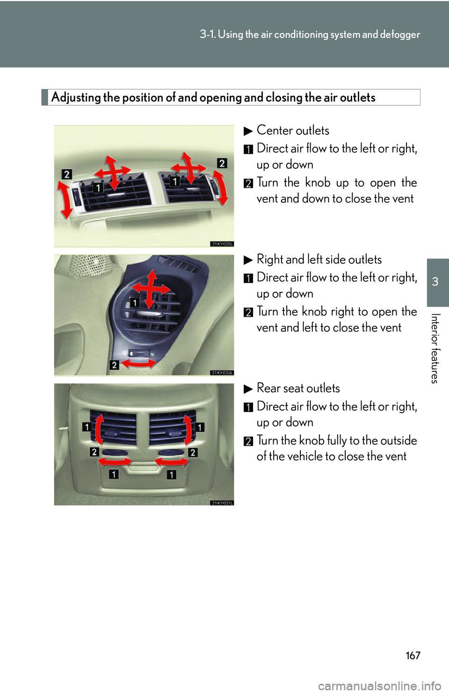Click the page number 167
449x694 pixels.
[413, 655]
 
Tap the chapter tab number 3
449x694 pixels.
[435, 282]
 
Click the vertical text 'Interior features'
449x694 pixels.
[435, 348]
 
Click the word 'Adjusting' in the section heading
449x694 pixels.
[76, 97]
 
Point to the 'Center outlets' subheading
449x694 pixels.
[292, 130]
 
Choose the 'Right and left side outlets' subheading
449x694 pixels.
[319, 260]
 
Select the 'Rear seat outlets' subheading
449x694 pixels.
[298, 388]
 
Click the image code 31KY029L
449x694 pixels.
[222, 244]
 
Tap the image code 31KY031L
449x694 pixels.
[222, 503]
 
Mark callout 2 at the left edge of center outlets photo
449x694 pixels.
[67, 174]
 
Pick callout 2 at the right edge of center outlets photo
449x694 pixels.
[222, 163]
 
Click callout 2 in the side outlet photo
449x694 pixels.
[114, 365]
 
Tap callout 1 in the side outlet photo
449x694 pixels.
[135, 303]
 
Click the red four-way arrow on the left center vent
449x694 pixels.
[112, 173]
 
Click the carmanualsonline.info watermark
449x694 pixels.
[379, 686]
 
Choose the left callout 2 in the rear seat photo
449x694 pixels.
[94, 452]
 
